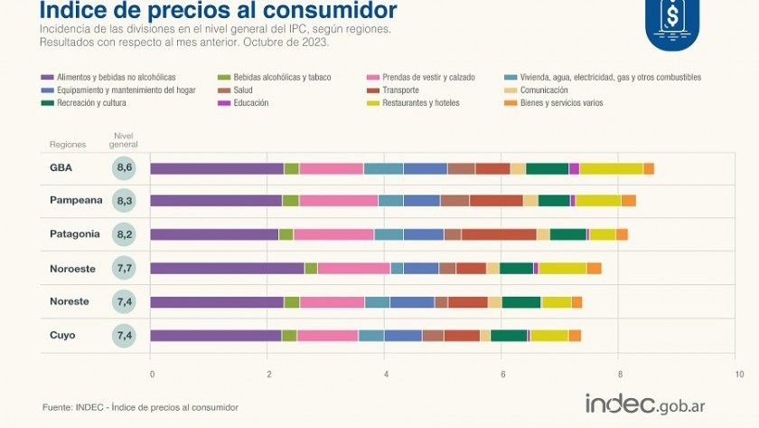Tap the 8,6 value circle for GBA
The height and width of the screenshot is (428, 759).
click(x=125, y=168)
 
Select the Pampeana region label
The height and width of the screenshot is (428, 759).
click(x=75, y=201)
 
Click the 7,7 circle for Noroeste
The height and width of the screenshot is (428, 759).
click(x=125, y=269)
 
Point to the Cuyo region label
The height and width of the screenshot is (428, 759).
click(x=62, y=336)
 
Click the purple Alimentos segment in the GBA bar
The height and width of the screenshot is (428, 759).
click(x=217, y=168)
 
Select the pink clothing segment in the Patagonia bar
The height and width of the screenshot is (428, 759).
click(x=333, y=234)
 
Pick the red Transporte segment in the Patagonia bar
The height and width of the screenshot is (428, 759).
click(x=499, y=234)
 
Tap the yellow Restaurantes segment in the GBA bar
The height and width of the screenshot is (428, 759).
click(x=611, y=168)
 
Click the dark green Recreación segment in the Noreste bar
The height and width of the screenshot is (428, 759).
click(x=521, y=302)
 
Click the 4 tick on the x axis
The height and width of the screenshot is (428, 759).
click(x=386, y=374)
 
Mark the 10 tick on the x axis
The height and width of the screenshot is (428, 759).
click(x=738, y=374)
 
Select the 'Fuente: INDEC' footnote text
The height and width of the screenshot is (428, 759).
click(x=140, y=408)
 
